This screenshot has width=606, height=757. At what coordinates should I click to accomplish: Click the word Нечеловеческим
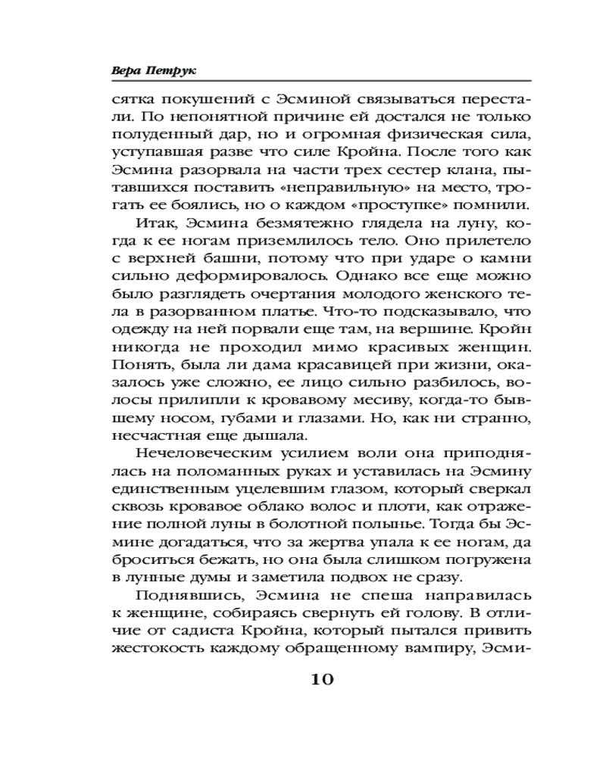tap(202, 453)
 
